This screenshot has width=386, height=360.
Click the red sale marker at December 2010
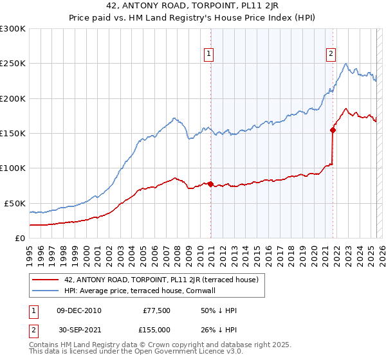click(x=210, y=184)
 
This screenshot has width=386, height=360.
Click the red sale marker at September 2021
click(x=333, y=130)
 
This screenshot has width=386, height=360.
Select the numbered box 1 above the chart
click(x=210, y=54)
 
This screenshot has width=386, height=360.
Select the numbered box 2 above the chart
click(x=331, y=54)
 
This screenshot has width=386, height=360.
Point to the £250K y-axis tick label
click(x=13, y=64)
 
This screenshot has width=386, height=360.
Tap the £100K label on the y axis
click(x=13, y=168)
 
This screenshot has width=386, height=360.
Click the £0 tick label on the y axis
click(x=19, y=238)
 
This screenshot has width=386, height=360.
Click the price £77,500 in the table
click(x=156, y=310)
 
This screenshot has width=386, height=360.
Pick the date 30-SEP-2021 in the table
click(x=78, y=329)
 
